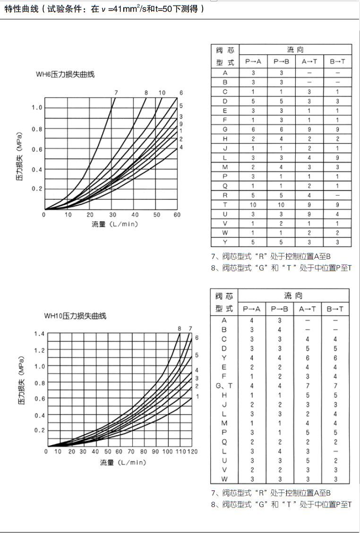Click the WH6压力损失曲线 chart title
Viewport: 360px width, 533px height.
(65, 74)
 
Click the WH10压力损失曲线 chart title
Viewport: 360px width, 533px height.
(75, 316)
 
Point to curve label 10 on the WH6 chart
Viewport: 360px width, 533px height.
(162, 93)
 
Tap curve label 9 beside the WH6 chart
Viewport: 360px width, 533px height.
(181, 124)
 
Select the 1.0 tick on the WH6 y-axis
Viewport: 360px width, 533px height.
(37, 108)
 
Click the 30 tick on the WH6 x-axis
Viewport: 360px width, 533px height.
(112, 215)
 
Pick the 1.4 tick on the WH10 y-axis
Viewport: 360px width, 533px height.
(39, 334)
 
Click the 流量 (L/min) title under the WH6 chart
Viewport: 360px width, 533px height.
(115, 224)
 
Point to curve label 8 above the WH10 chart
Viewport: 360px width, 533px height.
(180, 329)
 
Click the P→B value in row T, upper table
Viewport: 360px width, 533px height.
(281, 205)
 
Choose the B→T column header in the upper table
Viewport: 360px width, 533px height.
(337, 61)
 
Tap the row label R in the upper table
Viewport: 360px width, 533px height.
(225, 195)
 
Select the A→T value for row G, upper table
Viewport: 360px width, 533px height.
(309, 129)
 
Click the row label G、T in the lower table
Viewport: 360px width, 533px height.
(224, 386)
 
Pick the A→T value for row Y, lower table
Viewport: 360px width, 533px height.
(308, 358)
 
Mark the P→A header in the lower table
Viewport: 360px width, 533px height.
(252, 309)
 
